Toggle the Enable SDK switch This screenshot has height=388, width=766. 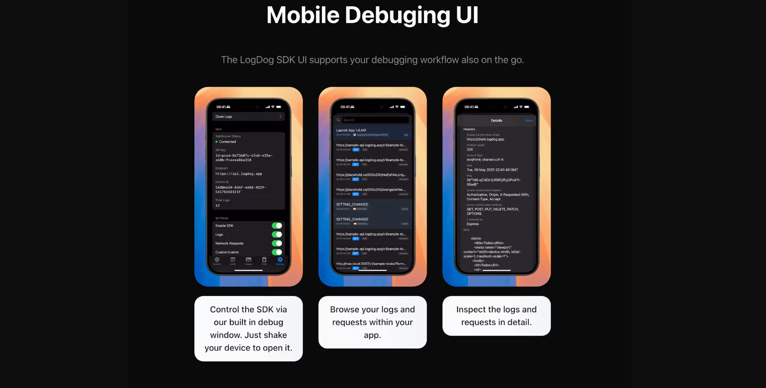[x=277, y=225]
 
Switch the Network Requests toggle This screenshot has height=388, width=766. [x=277, y=243]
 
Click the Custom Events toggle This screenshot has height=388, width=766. [x=277, y=252]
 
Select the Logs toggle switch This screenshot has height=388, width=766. [x=277, y=235]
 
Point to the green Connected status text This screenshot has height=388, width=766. [x=227, y=142]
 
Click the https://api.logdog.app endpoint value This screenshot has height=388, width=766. [x=239, y=174]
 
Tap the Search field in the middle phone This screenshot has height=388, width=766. [x=375, y=120]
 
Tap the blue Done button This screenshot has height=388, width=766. [x=529, y=121]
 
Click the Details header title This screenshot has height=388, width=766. [x=497, y=121]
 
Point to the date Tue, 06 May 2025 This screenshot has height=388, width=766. [x=492, y=170]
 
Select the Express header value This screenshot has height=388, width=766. [x=473, y=224]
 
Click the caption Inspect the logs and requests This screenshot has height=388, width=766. [x=496, y=316]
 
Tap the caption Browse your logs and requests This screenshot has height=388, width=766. [x=372, y=322]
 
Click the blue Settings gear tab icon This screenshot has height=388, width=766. [x=280, y=260]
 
